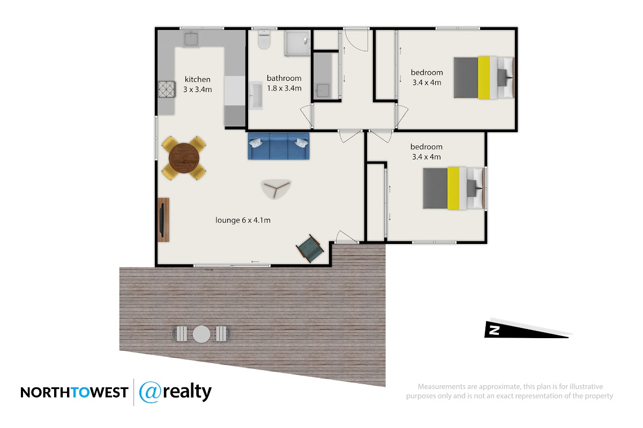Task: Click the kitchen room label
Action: (x=198, y=79)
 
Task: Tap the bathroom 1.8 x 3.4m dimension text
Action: (x=284, y=88)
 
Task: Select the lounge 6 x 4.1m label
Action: (x=243, y=220)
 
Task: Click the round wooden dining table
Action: (x=184, y=158)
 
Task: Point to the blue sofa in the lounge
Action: (x=279, y=146)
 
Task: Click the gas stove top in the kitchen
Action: (x=167, y=89)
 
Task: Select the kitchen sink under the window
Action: (x=191, y=39)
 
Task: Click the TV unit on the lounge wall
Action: (x=163, y=220)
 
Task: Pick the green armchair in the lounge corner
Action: (x=310, y=248)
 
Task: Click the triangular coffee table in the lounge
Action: (x=276, y=189)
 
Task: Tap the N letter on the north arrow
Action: (x=494, y=331)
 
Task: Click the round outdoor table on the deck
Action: (x=201, y=334)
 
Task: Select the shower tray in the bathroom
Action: (x=298, y=43)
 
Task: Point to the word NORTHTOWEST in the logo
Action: (x=74, y=393)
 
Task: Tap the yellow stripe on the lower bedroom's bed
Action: (x=453, y=188)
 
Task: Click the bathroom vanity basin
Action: (x=256, y=96)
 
